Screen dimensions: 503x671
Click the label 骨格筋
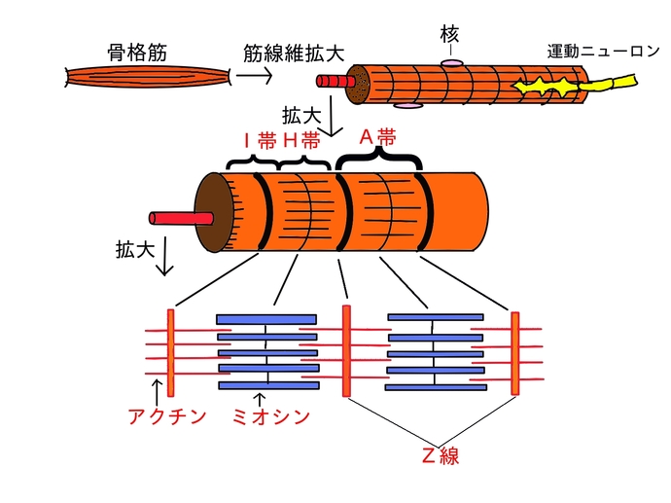[x=137, y=51]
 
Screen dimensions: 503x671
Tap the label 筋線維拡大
[x=284, y=51]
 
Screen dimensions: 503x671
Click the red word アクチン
[x=167, y=417]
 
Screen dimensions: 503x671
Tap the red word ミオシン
[x=271, y=417]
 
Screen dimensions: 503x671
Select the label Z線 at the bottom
[x=440, y=456]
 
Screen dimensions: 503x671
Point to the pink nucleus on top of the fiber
[x=452, y=63]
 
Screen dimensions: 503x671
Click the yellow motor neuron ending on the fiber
[x=544, y=90]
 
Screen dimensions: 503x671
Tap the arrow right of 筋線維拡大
[x=255, y=75]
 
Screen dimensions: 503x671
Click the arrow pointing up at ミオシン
[x=259, y=398]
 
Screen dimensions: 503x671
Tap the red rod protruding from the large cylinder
[x=171, y=216]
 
